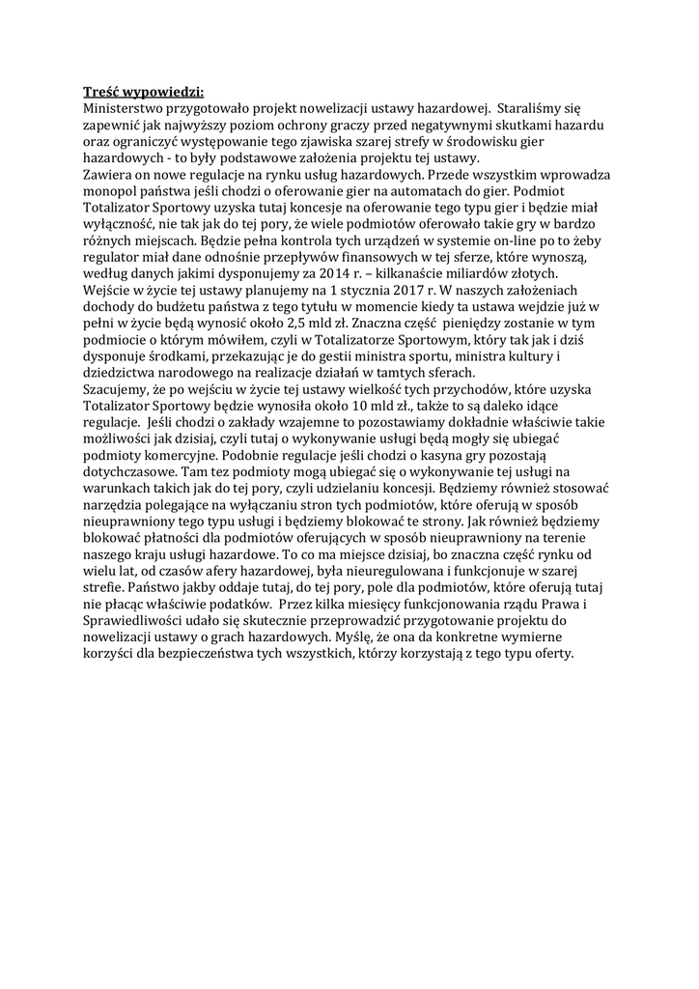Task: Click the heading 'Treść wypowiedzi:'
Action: coord(143,93)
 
